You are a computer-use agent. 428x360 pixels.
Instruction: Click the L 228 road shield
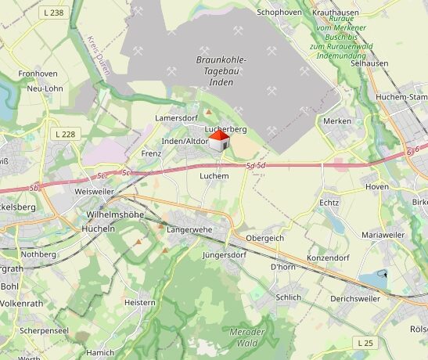(67, 135)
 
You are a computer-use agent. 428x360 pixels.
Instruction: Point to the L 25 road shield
(365, 343)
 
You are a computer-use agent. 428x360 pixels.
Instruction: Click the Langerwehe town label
(190, 230)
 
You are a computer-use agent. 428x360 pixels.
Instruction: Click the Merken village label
(337, 121)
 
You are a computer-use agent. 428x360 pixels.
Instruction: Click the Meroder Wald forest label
(246, 337)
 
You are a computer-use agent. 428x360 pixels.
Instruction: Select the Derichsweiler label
(355, 298)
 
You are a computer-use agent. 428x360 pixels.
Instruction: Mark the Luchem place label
(214, 177)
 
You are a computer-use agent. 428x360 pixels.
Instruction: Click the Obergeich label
(264, 238)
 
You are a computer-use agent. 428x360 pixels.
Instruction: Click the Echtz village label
(329, 203)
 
